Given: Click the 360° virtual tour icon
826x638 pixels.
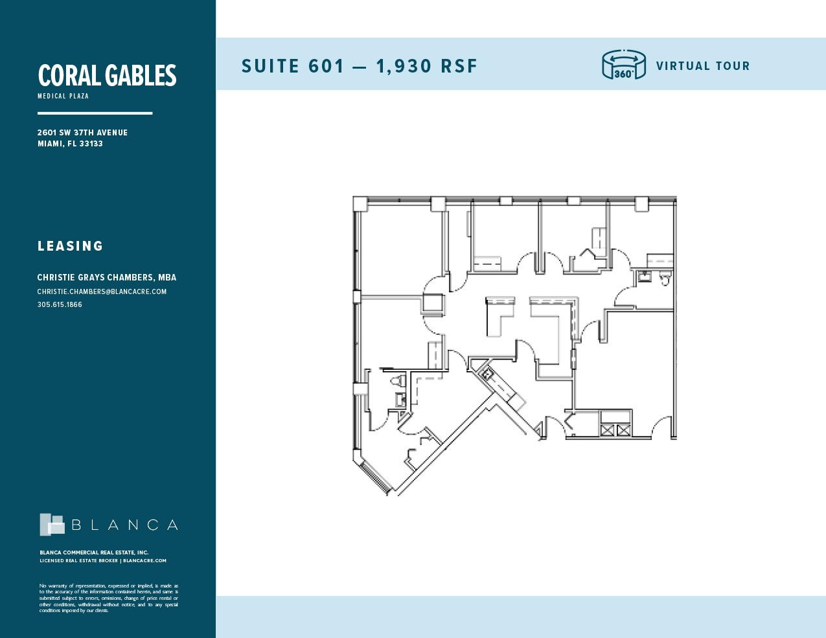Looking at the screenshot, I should point(624,65).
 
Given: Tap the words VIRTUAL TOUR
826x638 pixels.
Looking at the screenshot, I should point(702,66).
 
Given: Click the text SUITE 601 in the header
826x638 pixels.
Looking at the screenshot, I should point(293,66).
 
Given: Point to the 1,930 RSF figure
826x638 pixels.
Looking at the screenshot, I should point(426,66).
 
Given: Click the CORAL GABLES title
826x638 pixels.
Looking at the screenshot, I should point(107,76).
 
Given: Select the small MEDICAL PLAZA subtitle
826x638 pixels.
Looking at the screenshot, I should point(63,96).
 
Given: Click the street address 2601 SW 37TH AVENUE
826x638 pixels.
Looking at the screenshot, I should point(82,133).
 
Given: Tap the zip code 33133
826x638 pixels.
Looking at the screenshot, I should point(91,144).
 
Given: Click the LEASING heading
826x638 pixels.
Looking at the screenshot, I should point(70,246).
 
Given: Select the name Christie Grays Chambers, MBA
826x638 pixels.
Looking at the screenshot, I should point(106,277).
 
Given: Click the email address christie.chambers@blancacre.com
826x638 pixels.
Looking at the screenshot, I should point(102,291).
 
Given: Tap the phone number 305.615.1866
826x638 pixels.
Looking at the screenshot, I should point(60,304).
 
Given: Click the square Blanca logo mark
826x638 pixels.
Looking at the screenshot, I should point(52,525).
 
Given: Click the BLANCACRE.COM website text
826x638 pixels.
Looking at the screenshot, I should point(144,561).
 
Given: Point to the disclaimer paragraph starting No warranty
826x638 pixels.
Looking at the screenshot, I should point(108,598).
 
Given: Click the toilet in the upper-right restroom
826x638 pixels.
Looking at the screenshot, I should point(664,279).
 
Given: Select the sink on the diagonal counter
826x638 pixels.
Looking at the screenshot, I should point(487,374).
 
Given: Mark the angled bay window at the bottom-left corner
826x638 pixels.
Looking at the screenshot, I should point(374,477).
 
